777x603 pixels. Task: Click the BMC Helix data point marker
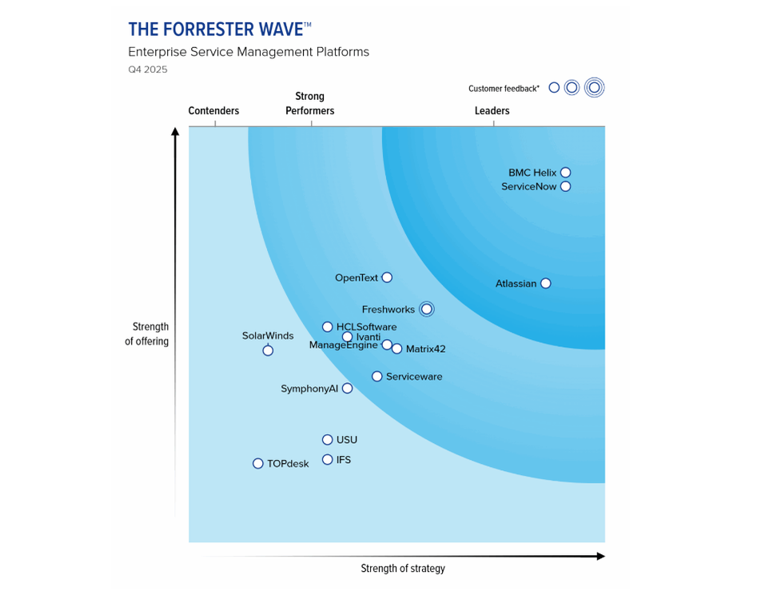coord(565,173)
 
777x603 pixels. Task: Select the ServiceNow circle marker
coord(565,187)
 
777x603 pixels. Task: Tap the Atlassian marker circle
coord(545,283)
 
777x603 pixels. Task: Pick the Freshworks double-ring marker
coord(427,309)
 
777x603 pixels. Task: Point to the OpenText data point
coord(387,278)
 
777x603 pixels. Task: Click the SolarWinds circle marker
coord(268,350)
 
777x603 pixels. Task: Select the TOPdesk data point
coord(257,464)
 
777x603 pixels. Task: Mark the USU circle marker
coord(327,440)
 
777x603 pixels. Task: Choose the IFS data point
coord(327,460)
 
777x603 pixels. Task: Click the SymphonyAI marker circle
coord(347,389)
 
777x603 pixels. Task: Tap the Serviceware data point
coord(377,377)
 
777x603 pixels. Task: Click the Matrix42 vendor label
coord(425,349)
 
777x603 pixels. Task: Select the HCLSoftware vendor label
coord(366,327)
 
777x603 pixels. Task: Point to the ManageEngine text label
coord(343,345)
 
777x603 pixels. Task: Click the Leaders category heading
coord(492,111)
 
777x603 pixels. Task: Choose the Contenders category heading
coord(213,111)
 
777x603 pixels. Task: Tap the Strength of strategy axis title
coord(402,569)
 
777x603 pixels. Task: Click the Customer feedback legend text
coord(504,89)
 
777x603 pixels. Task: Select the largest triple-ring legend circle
coord(594,88)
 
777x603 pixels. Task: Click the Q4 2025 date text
coord(148,70)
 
